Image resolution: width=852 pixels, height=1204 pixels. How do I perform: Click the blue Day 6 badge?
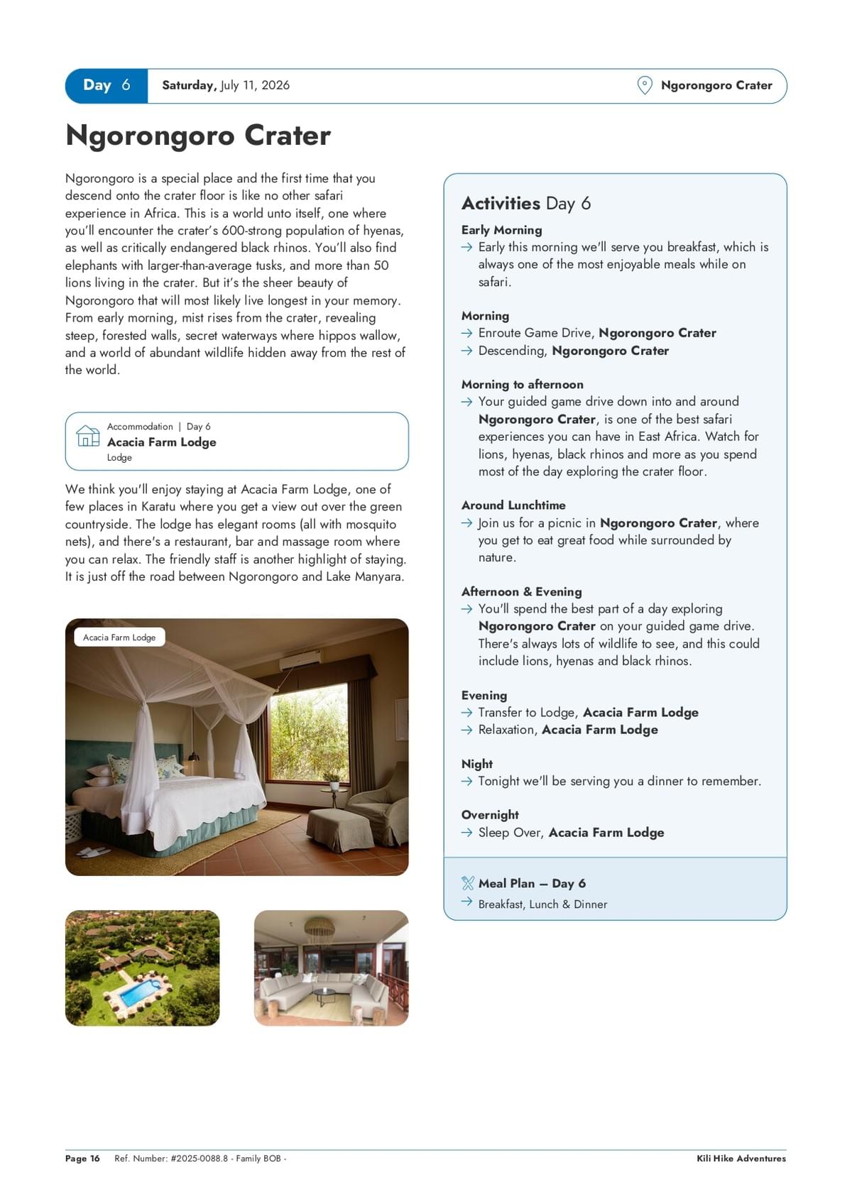(106, 86)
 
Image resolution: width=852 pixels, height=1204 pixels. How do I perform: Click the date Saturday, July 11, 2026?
(226, 86)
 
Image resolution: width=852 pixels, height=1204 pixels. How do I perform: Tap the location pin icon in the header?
(644, 86)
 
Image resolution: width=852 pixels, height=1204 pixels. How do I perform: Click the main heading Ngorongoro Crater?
(198, 136)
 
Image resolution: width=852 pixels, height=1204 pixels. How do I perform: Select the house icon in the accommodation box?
(88, 436)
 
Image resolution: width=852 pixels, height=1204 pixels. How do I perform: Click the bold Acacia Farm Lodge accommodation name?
(161, 442)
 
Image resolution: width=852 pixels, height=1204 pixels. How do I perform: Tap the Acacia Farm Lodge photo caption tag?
(119, 637)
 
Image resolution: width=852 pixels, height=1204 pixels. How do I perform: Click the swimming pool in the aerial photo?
(139, 992)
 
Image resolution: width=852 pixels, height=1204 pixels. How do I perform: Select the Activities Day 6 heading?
(526, 204)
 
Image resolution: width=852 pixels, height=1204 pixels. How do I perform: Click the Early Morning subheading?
(501, 230)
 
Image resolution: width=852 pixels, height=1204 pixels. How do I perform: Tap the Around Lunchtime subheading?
(513, 505)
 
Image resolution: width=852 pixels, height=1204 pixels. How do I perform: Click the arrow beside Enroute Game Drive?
(466, 333)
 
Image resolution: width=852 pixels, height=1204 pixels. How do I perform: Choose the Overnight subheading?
(490, 815)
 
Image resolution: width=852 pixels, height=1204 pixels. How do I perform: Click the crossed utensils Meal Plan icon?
(467, 883)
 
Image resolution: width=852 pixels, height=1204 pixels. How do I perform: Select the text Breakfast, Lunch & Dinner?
(542, 904)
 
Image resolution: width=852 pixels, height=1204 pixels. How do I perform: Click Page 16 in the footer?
(82, 1159)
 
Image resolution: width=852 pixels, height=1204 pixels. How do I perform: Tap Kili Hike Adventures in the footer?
(741, 1159)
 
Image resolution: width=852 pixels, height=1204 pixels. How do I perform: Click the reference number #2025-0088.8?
(200, 1159)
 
